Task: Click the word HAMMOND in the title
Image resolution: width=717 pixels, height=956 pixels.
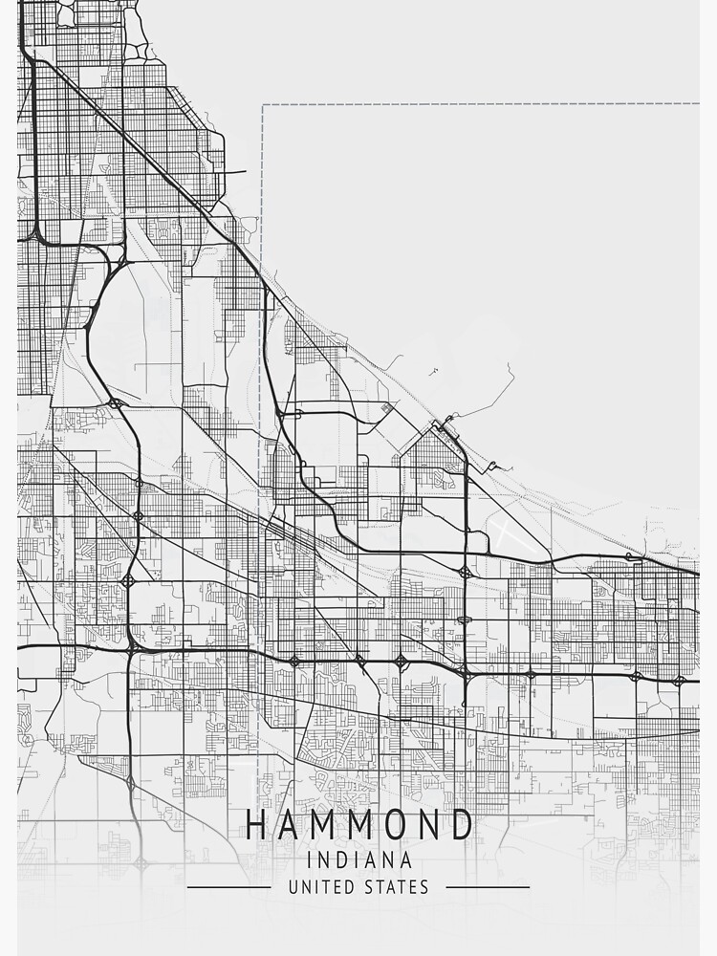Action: coord(359,824)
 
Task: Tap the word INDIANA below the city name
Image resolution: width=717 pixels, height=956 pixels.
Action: coord(359,860)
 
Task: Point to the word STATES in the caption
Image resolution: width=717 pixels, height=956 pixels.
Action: coord(397,887)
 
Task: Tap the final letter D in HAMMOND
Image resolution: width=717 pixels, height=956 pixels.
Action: coord(462,824)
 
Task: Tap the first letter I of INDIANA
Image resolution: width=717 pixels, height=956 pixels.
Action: coord(310,860)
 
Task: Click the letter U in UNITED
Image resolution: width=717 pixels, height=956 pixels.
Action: coord(293,887)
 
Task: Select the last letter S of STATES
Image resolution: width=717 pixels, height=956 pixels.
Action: coord(424,887)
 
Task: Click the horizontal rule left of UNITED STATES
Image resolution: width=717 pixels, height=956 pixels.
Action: coord(229,887)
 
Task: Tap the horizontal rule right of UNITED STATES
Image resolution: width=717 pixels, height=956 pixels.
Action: coord(488,887)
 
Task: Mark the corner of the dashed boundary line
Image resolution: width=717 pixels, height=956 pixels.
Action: coord(263,104)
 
